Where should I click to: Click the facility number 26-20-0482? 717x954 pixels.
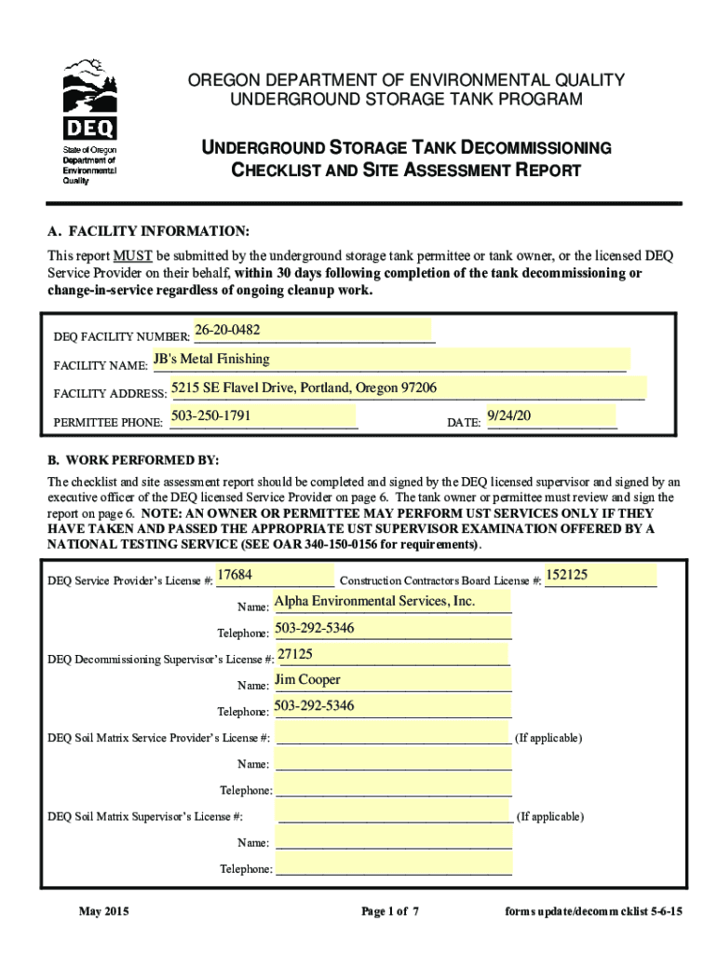[227, 331]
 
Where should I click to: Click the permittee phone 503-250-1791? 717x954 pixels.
[211, 415]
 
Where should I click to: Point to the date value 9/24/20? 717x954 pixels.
[508, 416]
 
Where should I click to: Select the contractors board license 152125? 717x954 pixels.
[566, 575]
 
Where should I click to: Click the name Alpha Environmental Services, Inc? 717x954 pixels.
[374, 601]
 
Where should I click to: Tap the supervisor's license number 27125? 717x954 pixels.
[295, 654]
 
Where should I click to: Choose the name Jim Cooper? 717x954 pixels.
[307, 680]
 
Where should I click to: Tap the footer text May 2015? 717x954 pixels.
[103, 911]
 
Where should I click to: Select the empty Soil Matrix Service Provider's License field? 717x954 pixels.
[394, 738]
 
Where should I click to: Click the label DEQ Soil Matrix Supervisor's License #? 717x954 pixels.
[145, 817]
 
